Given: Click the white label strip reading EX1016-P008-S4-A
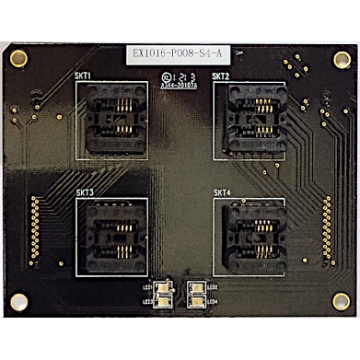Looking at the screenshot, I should [x=180, y=56].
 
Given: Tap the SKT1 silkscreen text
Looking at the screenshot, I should [x=84, y=76].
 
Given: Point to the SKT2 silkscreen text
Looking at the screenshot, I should [x=220, y=75].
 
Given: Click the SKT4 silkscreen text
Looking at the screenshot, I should [x=221, y=192].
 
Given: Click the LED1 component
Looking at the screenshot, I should [x=163, y=287].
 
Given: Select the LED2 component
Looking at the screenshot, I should [x=196, y=287].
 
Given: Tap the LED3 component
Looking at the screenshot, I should [x=163, y=299].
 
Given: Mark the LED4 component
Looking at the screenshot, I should [x=196, y=299].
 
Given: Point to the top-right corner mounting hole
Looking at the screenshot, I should [x=340, y=58].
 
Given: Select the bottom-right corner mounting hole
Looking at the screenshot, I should [x=340, y=300].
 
